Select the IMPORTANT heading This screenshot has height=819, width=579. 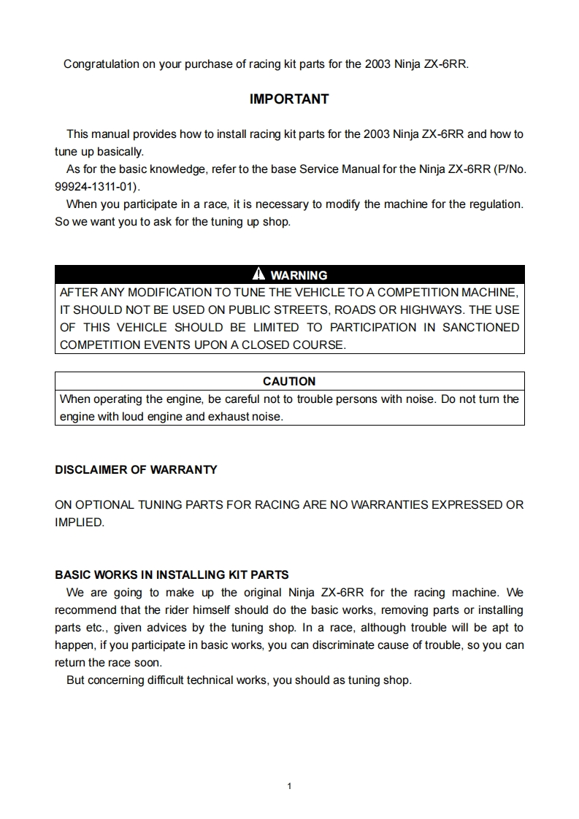point(289,99)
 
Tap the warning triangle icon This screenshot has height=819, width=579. point(258,274)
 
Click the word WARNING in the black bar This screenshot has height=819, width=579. point(299,275)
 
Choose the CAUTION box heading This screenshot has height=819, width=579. point(289,381)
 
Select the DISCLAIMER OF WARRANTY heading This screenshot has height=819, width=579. point(136,470)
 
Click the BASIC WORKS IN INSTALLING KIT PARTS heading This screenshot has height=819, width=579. point(172,574)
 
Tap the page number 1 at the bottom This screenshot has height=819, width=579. point(290,786)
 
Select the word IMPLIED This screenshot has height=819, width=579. point(80,522)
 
